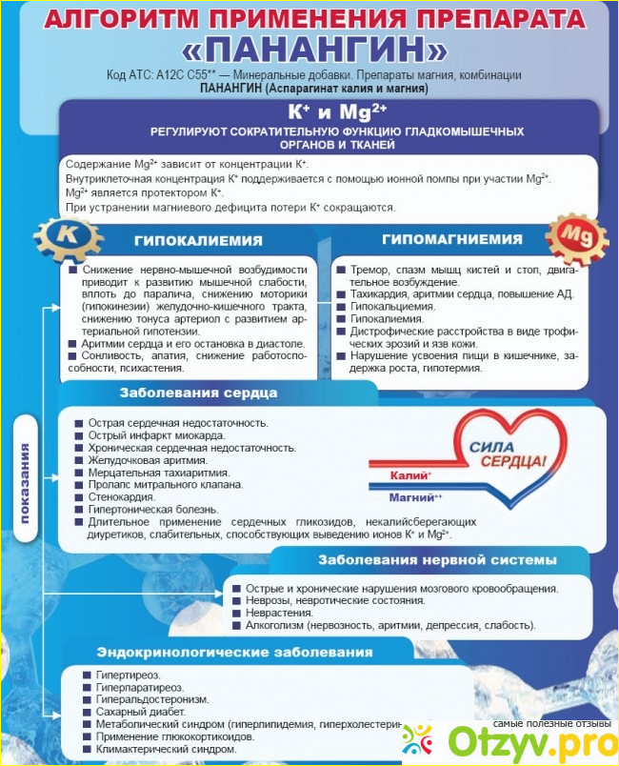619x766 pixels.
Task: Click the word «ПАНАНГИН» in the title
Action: pos(309,50)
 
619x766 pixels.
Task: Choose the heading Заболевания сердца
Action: pos(198,392)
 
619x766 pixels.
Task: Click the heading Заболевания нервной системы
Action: pos(437,559)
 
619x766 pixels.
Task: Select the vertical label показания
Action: pos(26,482)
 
